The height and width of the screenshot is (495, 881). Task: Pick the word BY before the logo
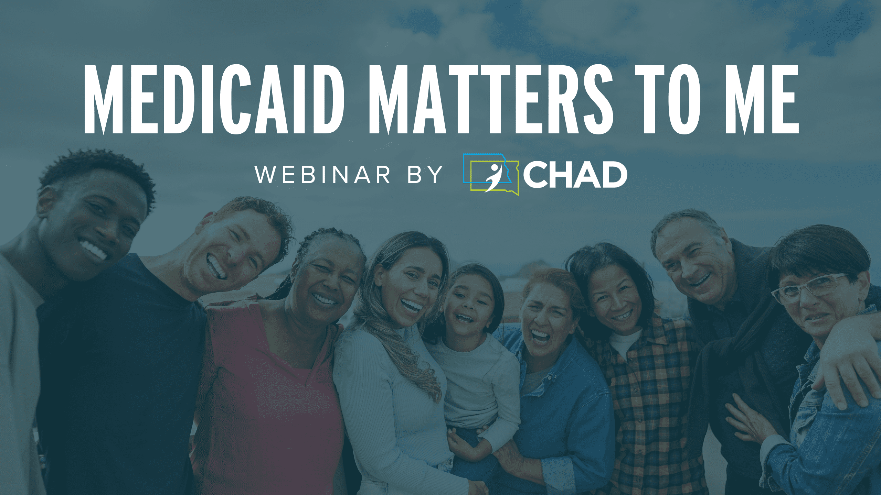pyautogui.click(x=425, y=174)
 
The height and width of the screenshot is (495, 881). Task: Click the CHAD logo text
pyautogui.click(x=575, y=175)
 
